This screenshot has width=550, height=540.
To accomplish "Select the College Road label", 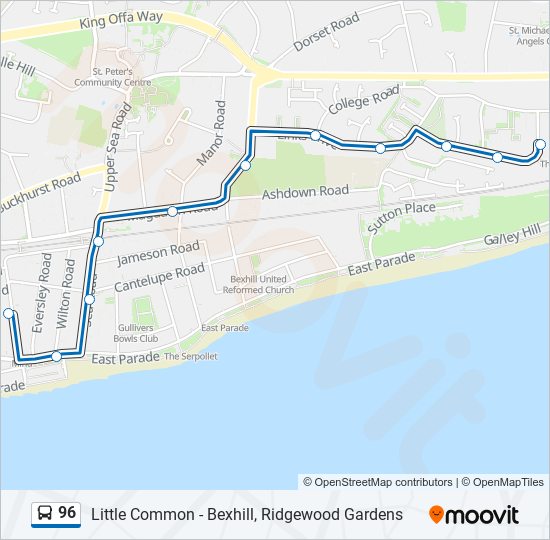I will point(364,100).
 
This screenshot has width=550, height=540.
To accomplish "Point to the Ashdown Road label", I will point(305,191).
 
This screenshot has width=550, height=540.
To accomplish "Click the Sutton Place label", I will point(401,215).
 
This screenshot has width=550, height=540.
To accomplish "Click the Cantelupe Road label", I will point(159,278).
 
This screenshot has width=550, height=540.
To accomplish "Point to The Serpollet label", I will point(191,357).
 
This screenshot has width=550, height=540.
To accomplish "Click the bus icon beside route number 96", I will point(44,514).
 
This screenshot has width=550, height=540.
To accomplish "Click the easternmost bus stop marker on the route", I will point(541,145).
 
